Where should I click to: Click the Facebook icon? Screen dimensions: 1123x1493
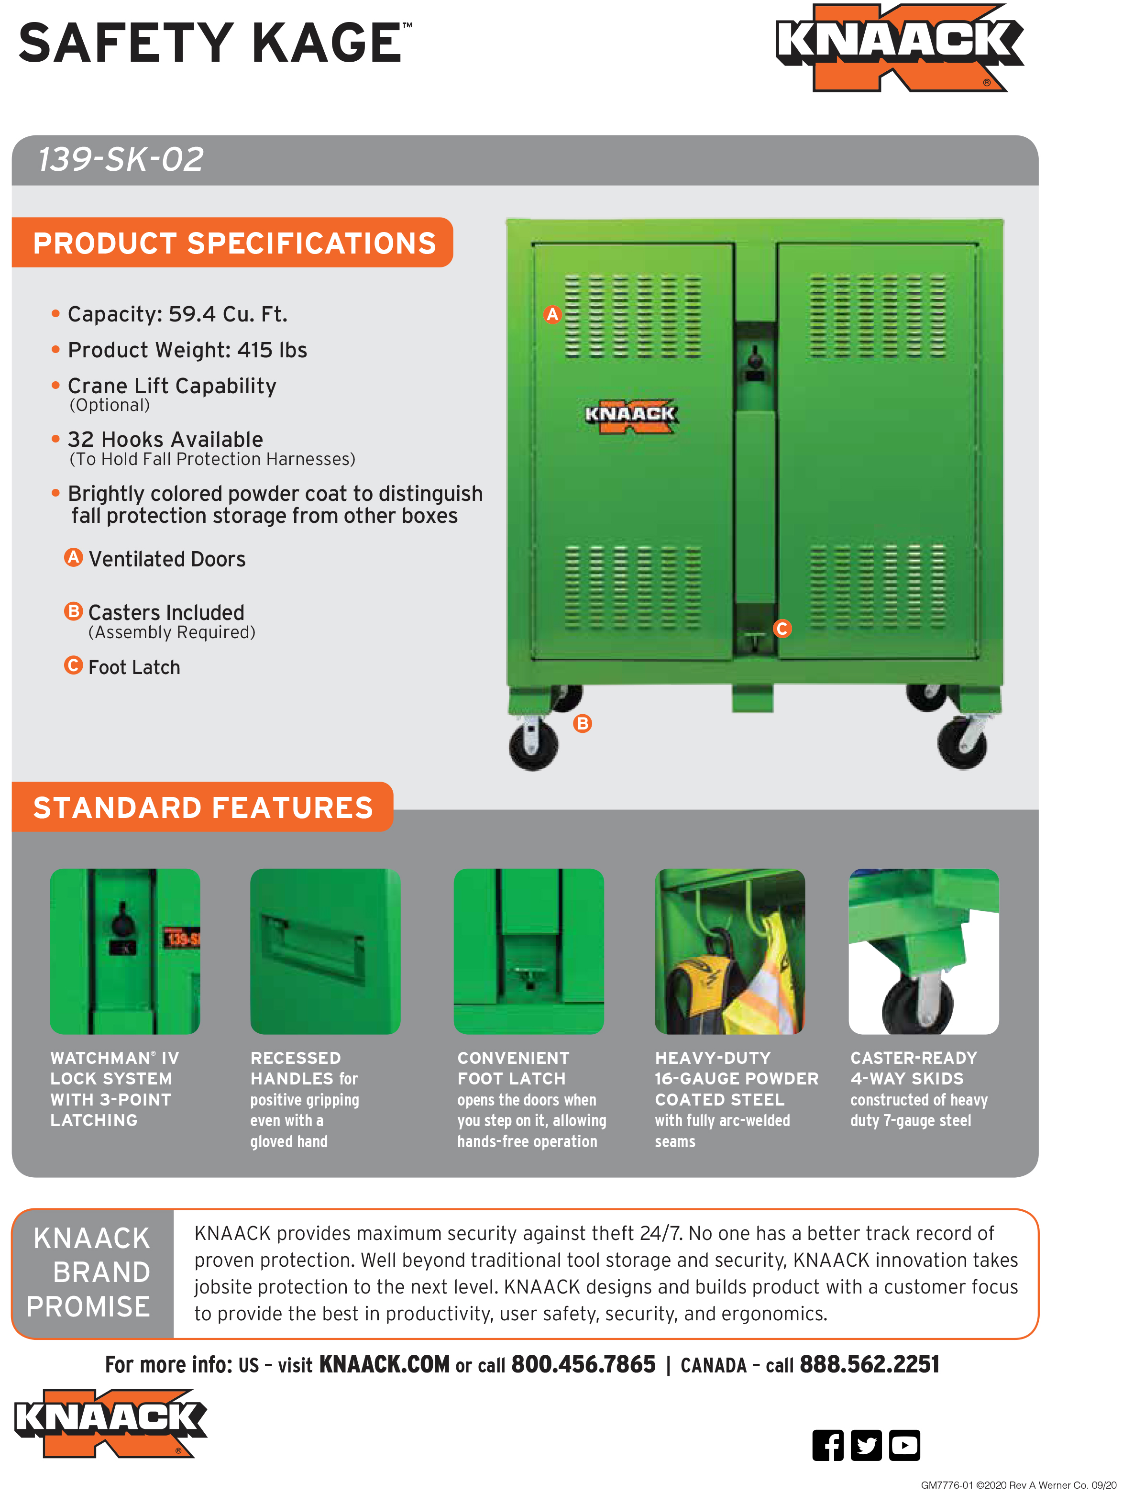(827, 1445)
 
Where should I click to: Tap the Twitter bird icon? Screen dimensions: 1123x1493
(866, 1445)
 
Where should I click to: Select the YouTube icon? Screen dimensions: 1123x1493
(904, 1445)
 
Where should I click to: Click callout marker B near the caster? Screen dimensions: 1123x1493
(582, 724)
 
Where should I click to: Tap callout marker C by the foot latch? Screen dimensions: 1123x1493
(782, 629)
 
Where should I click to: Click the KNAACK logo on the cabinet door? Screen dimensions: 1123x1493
(630, 414)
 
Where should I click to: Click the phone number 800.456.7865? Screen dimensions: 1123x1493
(583, 1364)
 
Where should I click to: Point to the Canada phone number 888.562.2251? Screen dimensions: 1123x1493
(869, 1364)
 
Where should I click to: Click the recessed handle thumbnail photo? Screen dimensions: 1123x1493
(325, 951)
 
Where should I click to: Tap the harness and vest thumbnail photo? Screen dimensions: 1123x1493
(729, 951)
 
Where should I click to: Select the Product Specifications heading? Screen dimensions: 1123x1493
(234, 243)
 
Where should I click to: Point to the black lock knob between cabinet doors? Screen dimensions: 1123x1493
(755, 358)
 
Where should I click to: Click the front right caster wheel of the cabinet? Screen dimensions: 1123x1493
(962, 744)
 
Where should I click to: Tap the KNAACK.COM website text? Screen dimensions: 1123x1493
(384, 1364)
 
